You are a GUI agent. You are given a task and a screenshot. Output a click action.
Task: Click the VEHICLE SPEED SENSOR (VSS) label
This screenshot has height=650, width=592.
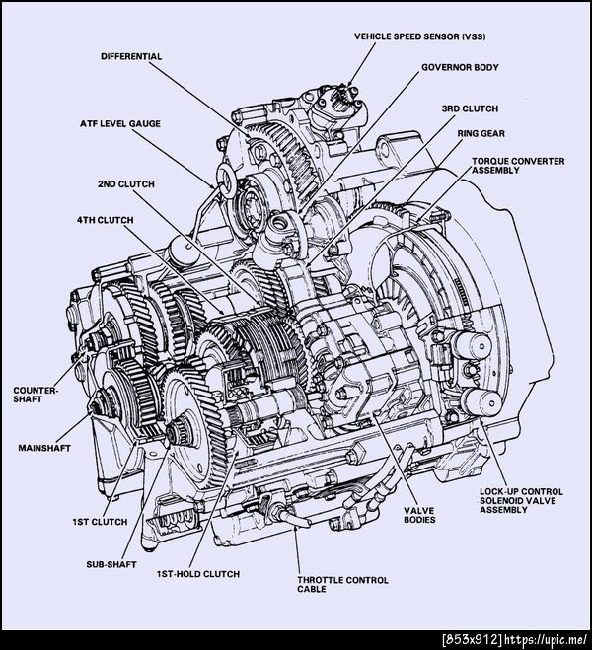419,36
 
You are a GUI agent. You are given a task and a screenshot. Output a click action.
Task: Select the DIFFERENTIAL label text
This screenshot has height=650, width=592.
131,56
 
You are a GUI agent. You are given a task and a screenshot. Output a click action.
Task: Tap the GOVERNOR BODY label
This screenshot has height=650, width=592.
460,67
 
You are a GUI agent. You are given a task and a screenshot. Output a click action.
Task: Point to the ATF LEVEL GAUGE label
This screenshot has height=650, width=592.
120,123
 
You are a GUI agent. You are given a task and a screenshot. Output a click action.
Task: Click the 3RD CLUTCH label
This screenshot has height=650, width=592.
470,108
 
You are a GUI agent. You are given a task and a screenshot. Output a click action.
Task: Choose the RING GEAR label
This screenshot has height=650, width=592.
481,133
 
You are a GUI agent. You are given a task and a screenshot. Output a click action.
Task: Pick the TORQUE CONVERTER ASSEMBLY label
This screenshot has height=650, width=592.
518,166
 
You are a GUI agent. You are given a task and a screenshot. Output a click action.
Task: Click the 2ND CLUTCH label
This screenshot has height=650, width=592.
126,184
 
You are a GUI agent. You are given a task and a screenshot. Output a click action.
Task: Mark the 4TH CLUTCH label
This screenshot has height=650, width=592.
106,220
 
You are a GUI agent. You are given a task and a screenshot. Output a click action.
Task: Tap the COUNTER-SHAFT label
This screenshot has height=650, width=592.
37,395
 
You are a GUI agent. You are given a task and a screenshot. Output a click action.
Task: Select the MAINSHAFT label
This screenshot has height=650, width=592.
44,448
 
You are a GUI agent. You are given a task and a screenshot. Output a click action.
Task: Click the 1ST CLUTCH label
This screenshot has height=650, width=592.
100,522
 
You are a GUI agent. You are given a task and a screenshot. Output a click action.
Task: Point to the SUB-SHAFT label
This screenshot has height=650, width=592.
111,564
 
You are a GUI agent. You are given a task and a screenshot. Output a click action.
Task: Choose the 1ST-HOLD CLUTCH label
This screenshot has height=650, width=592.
198,574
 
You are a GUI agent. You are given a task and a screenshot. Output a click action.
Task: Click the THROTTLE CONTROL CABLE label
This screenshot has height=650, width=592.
342,585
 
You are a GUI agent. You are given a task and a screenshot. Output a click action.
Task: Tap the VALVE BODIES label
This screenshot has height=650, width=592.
419,515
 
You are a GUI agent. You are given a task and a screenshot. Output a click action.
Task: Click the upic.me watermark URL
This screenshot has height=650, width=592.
547,639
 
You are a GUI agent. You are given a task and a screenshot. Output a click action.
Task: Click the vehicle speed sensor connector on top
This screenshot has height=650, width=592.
342,97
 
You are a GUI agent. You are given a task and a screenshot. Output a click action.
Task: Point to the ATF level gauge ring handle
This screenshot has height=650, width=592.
226,181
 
